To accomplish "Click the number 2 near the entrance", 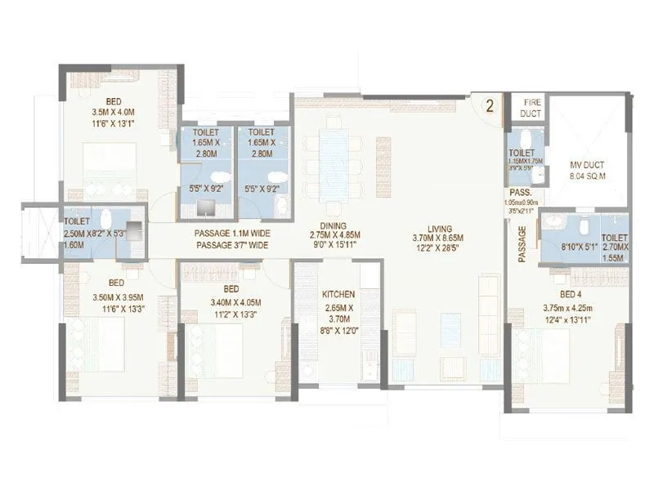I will coord(489,105).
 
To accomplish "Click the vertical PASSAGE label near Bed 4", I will coord(521,244).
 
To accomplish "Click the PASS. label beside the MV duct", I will coord(520,193).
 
